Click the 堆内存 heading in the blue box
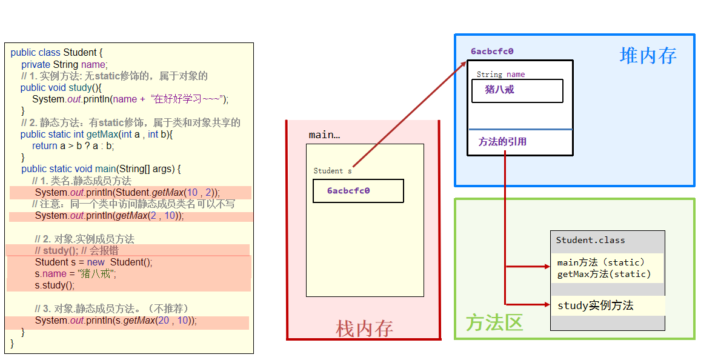click(x=648, y=56)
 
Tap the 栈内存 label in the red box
click(x=364, y=328)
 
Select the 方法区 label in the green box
click(x=494, y=322)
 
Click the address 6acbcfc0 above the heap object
click(x=492, y=52)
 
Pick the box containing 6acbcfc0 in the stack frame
click(x=358, y=191)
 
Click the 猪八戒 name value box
click(x=517, y=91)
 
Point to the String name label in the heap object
click(x=500, y=75)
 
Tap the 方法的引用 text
click(x=502, y=142)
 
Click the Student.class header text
click(x=590, y=240)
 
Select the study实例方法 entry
click(x=596, y=305)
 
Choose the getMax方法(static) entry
click(x=604, y=274)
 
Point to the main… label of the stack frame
click(x=324, y=135)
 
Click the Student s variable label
click(x=332, y=171)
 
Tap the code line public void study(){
click(x=61, y=87)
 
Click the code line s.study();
click(x=55, y=285)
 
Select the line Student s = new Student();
click(x=94, y=262)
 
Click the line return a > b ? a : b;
click(x=73, y=145)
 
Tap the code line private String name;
click(x=64, y=64)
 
